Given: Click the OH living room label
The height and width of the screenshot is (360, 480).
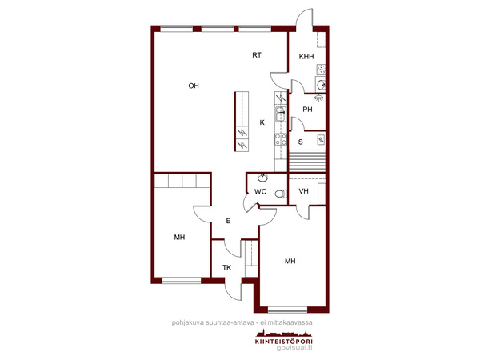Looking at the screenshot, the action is [194, 86].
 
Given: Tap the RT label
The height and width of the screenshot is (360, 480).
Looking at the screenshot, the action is [257, 55].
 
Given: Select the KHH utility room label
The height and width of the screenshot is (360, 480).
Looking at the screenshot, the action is [306, 57].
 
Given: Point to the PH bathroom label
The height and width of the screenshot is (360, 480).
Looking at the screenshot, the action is [307, 110].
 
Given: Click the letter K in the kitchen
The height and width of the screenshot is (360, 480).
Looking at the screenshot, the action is [262, 122].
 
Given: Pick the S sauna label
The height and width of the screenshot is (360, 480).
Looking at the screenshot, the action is [301, 142].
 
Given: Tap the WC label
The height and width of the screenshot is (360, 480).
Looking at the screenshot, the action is [260, 192].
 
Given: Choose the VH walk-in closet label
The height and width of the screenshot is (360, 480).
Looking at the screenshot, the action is [303, 191].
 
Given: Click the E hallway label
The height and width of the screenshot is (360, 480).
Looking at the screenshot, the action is [228, 221].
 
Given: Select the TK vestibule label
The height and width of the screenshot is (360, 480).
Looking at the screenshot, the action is [227, 268].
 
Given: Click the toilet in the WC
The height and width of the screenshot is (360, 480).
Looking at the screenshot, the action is [281, 194].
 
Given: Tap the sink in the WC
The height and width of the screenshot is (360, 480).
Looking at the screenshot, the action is [262, 178].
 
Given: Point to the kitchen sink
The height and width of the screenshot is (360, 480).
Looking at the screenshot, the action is [281, 114].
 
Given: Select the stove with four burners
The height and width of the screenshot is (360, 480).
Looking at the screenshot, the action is [281, 139].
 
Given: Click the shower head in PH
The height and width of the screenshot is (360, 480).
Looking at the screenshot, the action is [318, 98].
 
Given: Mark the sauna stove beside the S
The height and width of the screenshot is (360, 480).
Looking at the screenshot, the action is [321, 139].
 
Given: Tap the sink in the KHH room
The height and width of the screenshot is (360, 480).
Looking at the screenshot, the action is [321, 84].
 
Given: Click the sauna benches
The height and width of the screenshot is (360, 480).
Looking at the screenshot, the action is [307, 161].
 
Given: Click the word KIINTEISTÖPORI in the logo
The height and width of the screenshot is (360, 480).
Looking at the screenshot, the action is [284, 342].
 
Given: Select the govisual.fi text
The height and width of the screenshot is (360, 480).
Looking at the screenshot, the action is [294, 348].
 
